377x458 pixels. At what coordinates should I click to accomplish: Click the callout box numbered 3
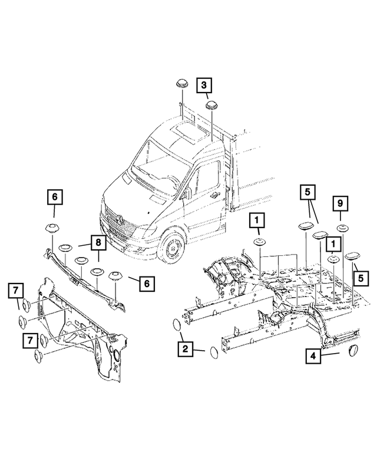click(x=203, y=86)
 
